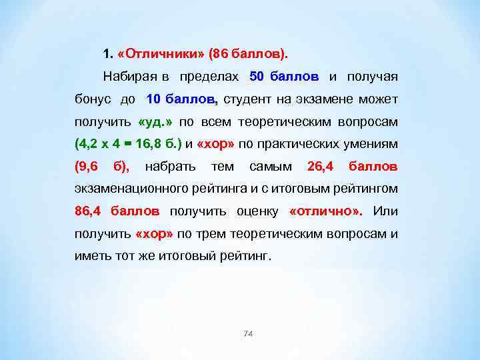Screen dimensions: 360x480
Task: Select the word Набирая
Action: click(127, 76)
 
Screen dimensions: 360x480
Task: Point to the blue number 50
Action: click(257, 76)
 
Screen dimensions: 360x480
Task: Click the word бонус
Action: click(91, 100)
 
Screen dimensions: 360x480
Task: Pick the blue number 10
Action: click(153, 100)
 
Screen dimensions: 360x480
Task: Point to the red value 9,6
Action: click(86, 165)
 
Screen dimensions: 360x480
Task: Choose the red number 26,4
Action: click(321, 165)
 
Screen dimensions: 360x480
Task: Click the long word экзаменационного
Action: click(134, 188)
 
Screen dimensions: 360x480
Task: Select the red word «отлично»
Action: click(326, 211)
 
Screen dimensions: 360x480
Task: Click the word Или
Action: click(385, 211)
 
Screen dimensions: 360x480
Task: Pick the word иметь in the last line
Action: click(90, 256)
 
